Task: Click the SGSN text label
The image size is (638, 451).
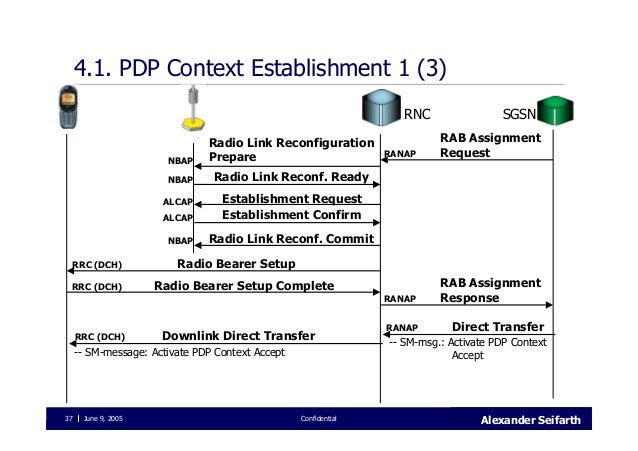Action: coord(519,114)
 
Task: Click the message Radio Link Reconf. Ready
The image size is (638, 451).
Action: coord(291,178)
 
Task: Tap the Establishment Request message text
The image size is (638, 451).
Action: coord(292,199)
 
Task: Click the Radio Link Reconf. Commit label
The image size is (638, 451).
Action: coord(291,239)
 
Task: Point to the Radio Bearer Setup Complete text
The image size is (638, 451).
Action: coord(244,286)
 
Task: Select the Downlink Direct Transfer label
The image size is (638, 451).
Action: coord(238,335)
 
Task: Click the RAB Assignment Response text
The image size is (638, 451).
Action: coord(490,290)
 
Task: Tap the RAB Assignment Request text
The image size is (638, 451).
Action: coord(490,146)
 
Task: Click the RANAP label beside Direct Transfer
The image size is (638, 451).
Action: coord(402,327)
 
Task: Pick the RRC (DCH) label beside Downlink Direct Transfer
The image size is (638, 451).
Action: coord(100,336)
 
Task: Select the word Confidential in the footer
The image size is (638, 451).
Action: coord(319,418)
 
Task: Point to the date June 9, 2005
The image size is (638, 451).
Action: coord(103,418)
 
